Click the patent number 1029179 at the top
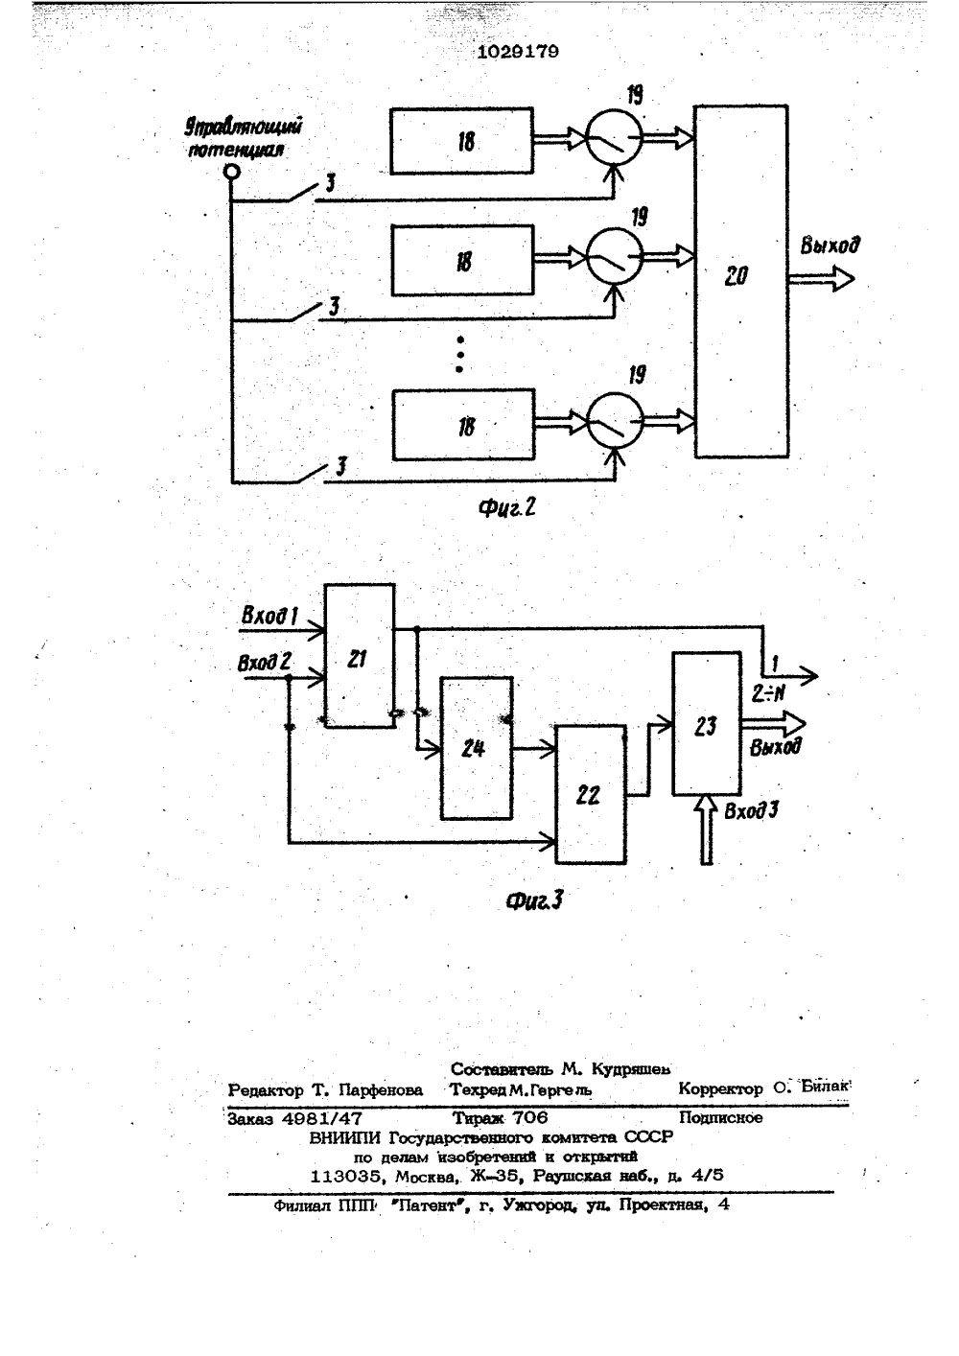(x=518, y=52)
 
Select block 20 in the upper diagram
(x=741, y=282)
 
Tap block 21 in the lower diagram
(x=360, y=656)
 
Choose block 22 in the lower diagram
(x=591, y=794)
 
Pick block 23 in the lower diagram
(x=707, y=723)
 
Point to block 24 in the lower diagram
(x=477, y=748)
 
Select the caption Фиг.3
(x=534, y=900)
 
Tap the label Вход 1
(x=269, y=616)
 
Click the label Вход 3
(x=751, y=810)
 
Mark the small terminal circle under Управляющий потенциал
(x=231, y=173)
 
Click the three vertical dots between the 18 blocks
(x=460, y=355)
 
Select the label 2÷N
(x=768, y=693)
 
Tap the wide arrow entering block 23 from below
(x=706, y=830)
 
